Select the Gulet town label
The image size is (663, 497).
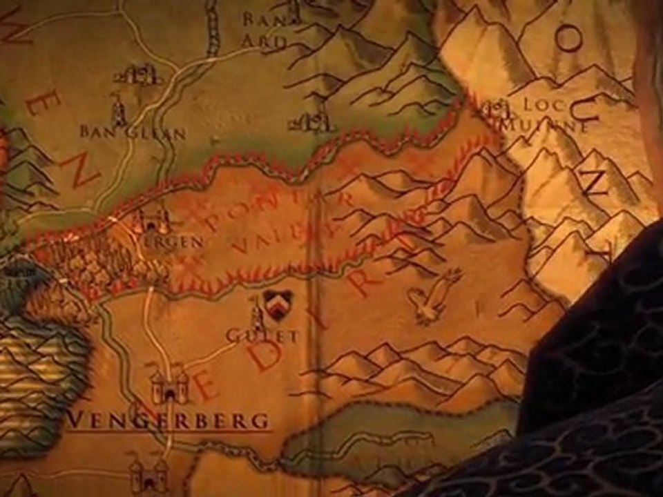coord(262,336)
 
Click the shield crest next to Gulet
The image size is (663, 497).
coord(278,304)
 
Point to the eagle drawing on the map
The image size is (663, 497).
coord(433,297)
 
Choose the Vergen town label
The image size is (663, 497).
coord(181,242)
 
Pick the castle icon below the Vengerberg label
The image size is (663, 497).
coord(148,474)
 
